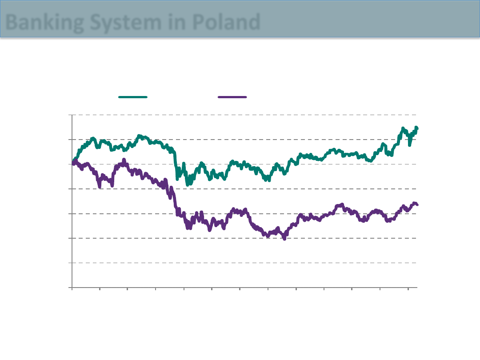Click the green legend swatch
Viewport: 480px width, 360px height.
pyautogui.click(x=133, y=96)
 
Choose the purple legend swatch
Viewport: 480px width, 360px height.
pyautogui.click(x=232, y=96)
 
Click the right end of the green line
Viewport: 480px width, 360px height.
pyautogui.click(x=417, y=128)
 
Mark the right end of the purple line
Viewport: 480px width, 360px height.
pyautogui.click(x=417, y=204)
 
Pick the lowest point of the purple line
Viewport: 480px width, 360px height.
pyautogui.click(x=284, y=239)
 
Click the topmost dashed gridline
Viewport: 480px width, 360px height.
pyautogui.click(x=244, y=115)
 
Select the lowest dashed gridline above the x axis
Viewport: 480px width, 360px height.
pyautogui.click(x=244, y=263)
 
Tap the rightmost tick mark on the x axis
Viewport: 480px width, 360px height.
pyautogui.click(x=408, y=289)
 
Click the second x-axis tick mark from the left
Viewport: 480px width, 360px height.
pyautogui.click(x=100, y=289)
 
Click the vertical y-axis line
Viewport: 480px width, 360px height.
pyautogui.click(x=72, y=200)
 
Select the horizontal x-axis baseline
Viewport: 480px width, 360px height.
pyautogui.click(x=244, y=288)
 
